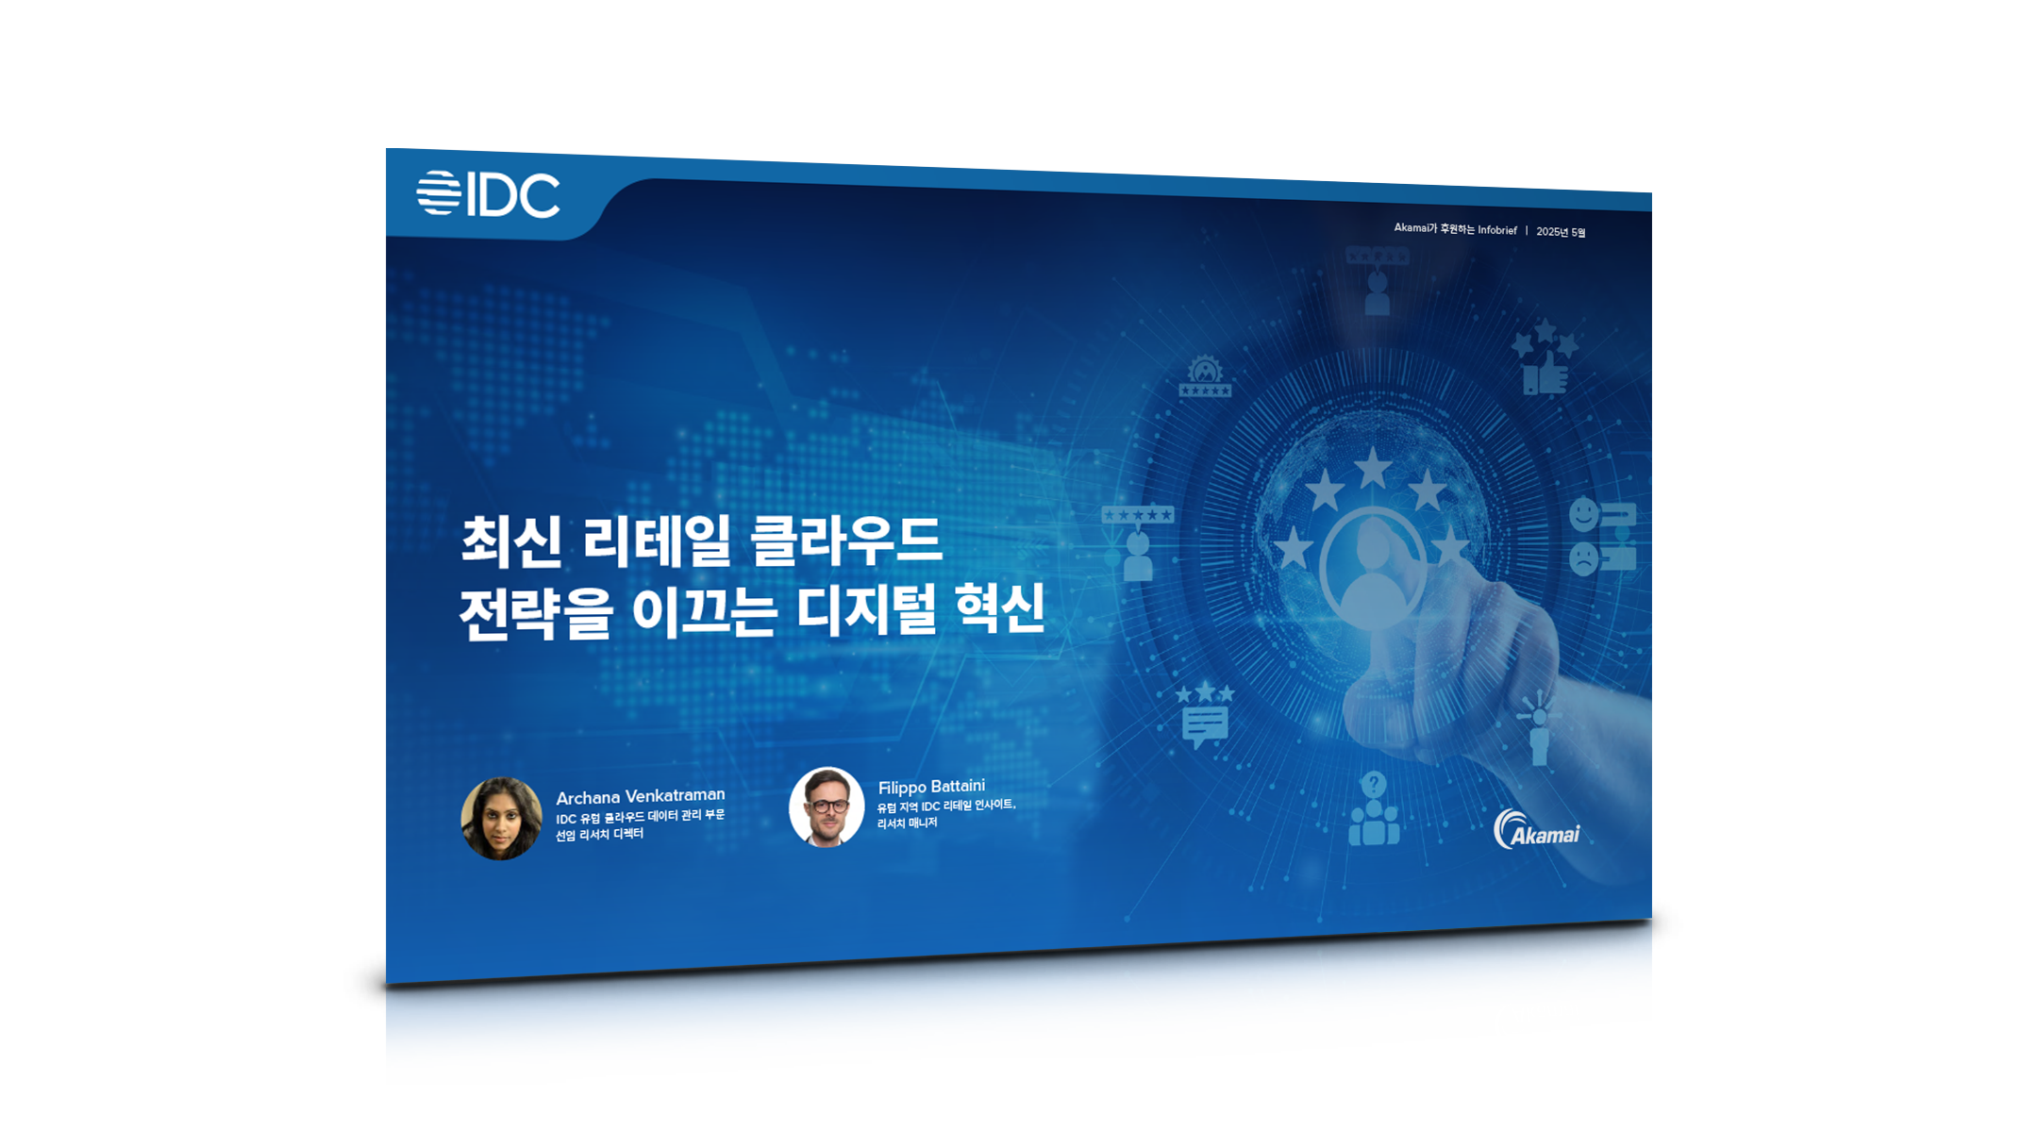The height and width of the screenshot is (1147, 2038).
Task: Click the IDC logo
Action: [x=488, y=194]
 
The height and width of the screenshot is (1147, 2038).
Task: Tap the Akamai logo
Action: [x=1536, y=830]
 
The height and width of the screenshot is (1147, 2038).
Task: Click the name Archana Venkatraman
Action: [x=641, y=796]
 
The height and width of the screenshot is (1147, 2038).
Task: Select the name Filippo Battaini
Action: [x=931, y=787]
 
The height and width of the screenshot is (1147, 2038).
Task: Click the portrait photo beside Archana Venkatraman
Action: [x=501, y=818]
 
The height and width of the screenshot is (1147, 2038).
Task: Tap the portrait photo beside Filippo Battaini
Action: [x=827, y=806]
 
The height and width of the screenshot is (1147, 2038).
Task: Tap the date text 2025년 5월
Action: [x=1561, y=232]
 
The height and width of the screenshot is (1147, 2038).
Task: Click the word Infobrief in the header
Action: [x=1497, y=230]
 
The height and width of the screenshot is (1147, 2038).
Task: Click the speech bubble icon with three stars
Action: [x=1205, y=714]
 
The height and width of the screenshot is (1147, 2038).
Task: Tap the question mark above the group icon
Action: [x=1374, y=784]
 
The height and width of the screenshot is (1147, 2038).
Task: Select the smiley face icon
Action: [x=1583, y=515]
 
